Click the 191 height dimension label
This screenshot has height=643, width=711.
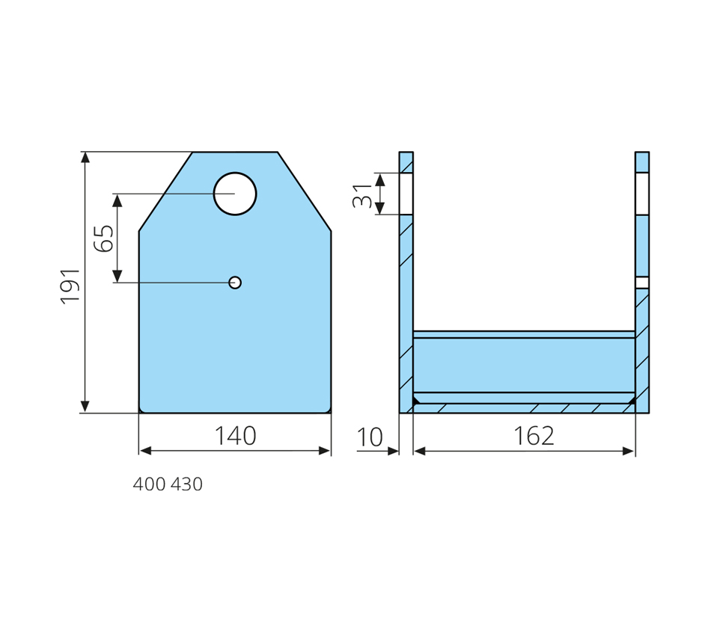coord(71,286)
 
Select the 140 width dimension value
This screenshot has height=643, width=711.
coord(235,436)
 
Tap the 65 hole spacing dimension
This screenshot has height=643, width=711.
coord(104,239)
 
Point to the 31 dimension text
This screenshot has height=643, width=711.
coord(362,195)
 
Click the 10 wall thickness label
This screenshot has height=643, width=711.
coord(370,437)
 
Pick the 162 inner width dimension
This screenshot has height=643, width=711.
coord(534,436)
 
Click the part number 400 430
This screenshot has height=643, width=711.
coord(168,484)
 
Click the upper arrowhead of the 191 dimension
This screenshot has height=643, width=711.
coord(85,157)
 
